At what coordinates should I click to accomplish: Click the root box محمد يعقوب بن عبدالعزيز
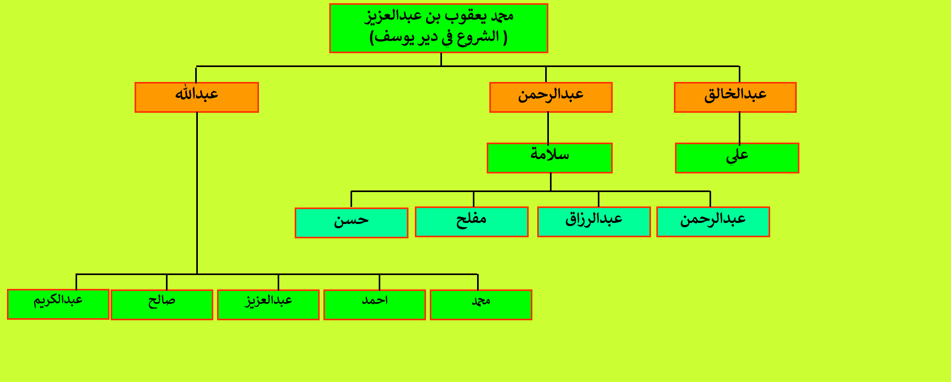pos(438,28)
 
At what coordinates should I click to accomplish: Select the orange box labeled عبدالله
pos(197,97)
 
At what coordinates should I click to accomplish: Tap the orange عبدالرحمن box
pos(551,97)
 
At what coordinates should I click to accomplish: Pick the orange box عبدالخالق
pos(735,97)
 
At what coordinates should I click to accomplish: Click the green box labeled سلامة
pos(549,158)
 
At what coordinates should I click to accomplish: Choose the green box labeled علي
pos(737,158)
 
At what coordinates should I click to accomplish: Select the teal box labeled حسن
pos(352,222)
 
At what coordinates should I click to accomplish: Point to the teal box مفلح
pos(472,222)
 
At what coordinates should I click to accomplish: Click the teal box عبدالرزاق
pos(594,222)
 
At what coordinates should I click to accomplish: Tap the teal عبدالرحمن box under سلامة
pos(713,222)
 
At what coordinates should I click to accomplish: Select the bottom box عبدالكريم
pos(58,304)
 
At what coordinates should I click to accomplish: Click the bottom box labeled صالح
pos(162,305)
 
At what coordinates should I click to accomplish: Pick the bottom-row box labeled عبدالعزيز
pos(269,305)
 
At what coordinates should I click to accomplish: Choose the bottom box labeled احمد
pos(375,305)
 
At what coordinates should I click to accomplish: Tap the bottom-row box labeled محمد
pos(481,305)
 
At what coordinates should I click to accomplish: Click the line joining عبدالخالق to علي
pos(739,128)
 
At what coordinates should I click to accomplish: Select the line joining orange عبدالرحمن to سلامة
pos(548,128)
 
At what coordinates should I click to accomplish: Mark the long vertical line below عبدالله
pos(197,193)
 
